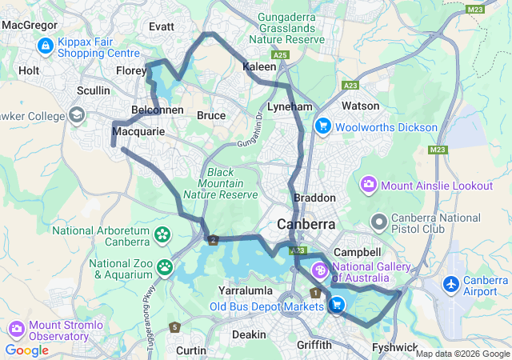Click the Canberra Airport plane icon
pos(451,283)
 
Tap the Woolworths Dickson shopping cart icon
pos(323,126)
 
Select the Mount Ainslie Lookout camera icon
pos(369,185)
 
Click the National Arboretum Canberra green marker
pos(163,234)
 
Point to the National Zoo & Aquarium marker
pos(166,266)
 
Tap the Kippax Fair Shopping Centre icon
pos(45,46)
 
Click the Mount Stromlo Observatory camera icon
pos(17,329)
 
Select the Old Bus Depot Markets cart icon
pos(337,304)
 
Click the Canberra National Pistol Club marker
pos(379,220)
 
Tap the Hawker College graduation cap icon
pos(78,115)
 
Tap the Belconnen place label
pos(158,110)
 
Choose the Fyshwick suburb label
pos(394,346)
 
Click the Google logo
pos(26,350)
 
